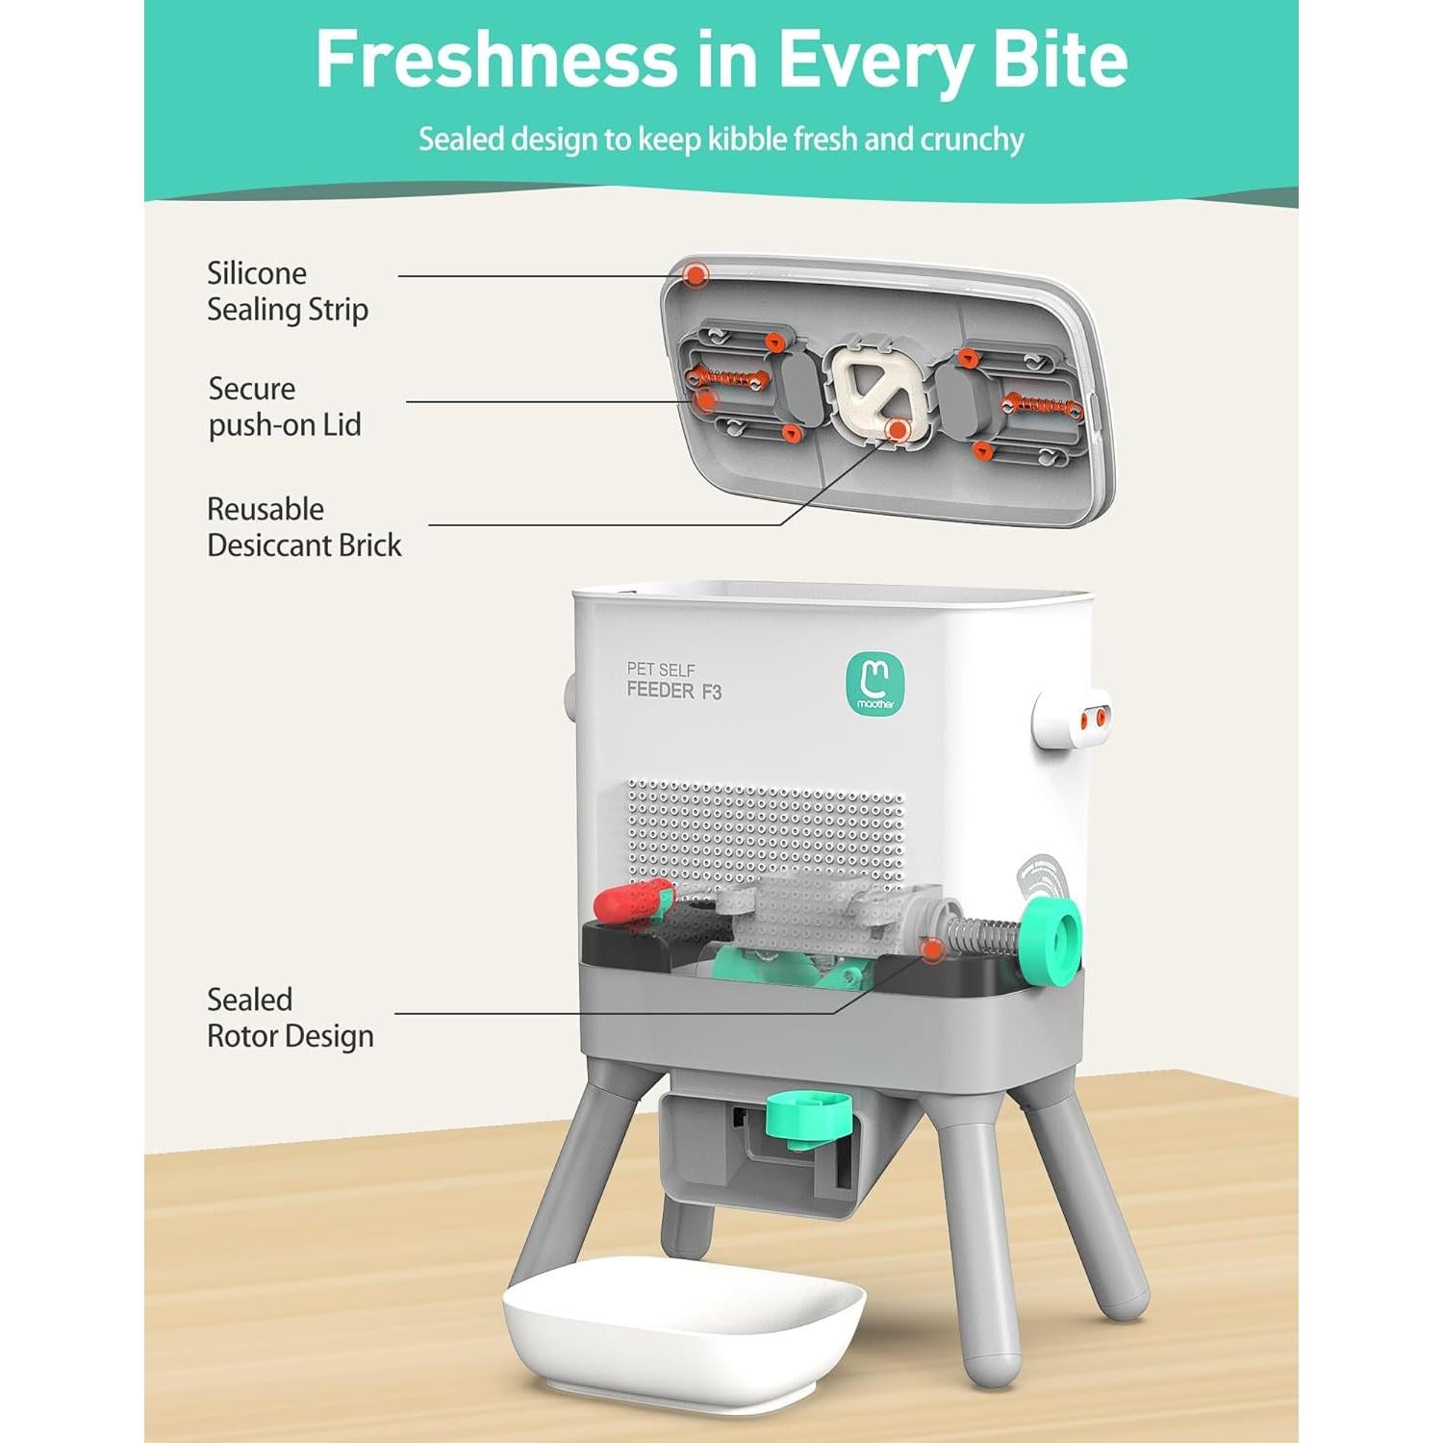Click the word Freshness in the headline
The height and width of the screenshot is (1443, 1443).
[496, 60]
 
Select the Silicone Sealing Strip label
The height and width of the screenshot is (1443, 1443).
[287, 291]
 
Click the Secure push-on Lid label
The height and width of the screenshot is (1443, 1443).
[285, 407]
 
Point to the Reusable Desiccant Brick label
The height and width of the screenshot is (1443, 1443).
[303, 527]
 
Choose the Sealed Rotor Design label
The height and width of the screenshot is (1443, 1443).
[290, 1018]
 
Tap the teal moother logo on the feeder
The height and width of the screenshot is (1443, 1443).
[874, 683]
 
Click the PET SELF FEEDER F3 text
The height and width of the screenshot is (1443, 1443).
[673, 681]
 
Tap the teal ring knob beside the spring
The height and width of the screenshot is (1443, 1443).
[1051, 944]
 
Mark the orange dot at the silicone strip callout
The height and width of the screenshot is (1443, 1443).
[695, 275]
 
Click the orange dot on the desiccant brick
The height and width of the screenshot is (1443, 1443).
[898, 431]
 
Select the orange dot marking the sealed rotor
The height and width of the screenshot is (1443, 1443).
[930, 950]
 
